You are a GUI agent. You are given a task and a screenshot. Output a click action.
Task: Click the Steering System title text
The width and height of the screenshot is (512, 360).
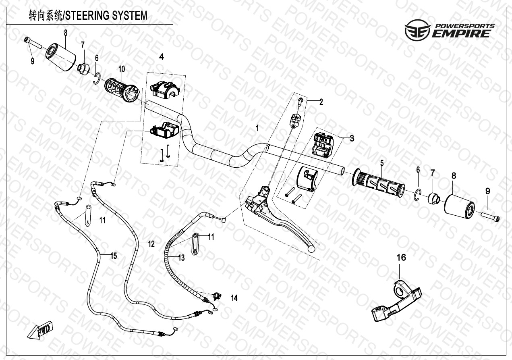point(88,16)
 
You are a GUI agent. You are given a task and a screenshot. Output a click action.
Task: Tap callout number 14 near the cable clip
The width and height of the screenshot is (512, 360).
point(234,298)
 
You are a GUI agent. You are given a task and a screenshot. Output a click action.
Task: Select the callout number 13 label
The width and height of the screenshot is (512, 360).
point(181,258)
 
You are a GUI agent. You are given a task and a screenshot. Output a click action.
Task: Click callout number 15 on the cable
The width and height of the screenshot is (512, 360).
point(114,256)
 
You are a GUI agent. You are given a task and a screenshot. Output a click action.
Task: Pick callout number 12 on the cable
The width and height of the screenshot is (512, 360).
point(151,243)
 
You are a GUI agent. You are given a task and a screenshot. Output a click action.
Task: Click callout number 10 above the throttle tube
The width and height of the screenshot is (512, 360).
point(122,69)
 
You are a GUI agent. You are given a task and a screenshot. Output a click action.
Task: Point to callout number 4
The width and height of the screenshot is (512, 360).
point(162,57)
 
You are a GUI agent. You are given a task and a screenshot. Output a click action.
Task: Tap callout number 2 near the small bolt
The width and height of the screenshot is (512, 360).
point(321,102)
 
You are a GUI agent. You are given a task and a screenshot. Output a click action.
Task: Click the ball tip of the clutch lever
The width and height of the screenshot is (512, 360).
point(311,249)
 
